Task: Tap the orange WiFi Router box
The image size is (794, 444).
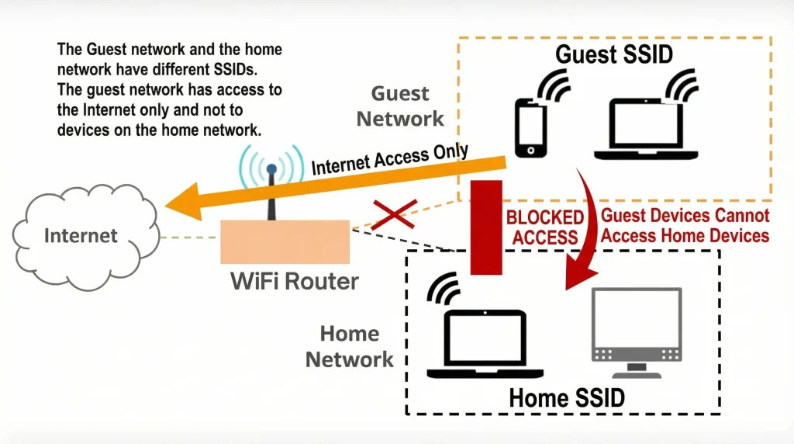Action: tap(285, 241)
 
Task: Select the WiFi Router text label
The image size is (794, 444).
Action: tap(295, 280)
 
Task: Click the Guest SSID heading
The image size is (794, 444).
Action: tap(614, 55)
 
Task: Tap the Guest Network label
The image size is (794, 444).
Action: tap(400, 106)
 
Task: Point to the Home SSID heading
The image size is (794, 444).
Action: tap(566, 398)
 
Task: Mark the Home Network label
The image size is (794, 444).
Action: tap(350, 346)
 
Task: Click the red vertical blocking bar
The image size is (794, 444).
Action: tap(487, 226)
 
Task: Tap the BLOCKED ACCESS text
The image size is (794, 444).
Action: tap(545, 227)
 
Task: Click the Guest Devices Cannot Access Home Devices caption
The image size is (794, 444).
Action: tap(685, 225)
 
